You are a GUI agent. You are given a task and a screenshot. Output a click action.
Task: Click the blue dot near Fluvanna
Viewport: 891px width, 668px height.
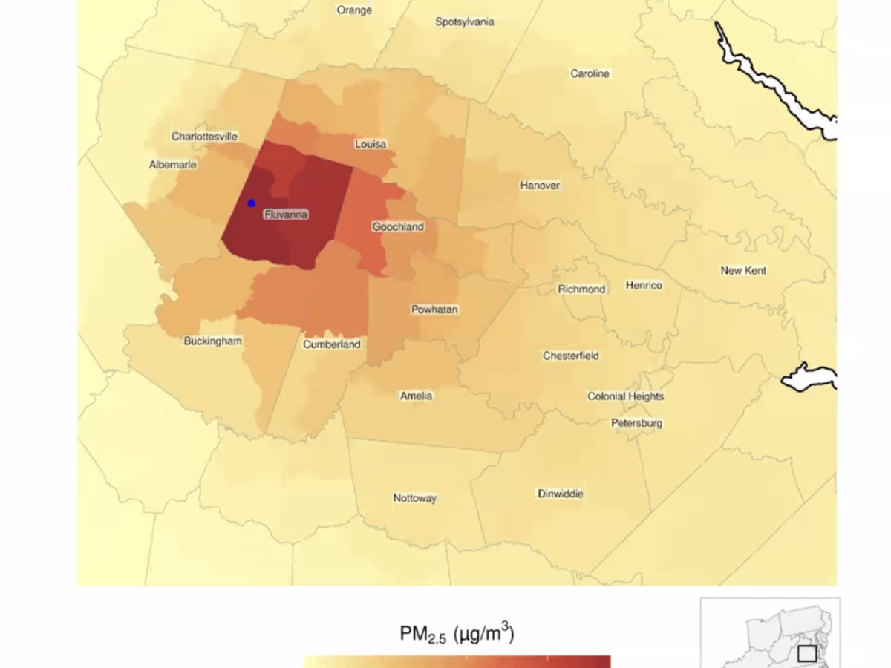click(251, 203)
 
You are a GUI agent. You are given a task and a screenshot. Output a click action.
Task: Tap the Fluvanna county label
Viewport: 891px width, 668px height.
click(286, 215)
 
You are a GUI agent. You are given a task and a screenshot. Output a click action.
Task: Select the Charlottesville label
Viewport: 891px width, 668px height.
click(205, 137)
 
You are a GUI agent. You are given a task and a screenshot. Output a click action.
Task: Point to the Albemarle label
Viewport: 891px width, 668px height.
click(173, 165)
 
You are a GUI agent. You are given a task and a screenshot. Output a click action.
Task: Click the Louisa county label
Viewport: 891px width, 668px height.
click(371, 144)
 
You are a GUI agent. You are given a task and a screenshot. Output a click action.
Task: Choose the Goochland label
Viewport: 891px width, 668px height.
click(398, 226)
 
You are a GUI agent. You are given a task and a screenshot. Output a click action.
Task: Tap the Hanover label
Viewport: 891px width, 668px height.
click(540, 186)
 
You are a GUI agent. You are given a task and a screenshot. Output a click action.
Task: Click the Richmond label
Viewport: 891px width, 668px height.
click(582, 289)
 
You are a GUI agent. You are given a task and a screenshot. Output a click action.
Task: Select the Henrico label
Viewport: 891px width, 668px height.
click(644, 286)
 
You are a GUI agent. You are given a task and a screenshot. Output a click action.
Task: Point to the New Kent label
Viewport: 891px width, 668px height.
click(743, 271)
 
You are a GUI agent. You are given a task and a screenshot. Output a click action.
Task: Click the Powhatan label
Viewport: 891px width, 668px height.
click(435, 310)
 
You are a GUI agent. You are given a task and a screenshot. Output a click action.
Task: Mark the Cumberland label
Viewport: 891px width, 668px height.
click(332, 344)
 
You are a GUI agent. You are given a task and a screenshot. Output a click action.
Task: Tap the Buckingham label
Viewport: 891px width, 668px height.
click(213, 341)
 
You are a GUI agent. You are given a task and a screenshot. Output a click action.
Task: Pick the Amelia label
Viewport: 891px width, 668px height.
click(416, 396)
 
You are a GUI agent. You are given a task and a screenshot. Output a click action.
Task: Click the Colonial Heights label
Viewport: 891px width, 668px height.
click(626, 397)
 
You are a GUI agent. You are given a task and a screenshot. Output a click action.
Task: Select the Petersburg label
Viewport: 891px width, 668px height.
click(637, 423)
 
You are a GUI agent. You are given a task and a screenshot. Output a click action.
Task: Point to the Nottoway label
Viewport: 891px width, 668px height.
click(415, 499)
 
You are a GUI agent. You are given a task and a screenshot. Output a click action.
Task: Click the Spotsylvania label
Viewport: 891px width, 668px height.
click(465, 22)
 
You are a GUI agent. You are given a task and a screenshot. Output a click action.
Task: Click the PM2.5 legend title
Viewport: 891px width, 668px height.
click(457, 635)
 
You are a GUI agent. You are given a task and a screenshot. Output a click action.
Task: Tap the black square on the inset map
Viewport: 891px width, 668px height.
click(807, 654)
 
